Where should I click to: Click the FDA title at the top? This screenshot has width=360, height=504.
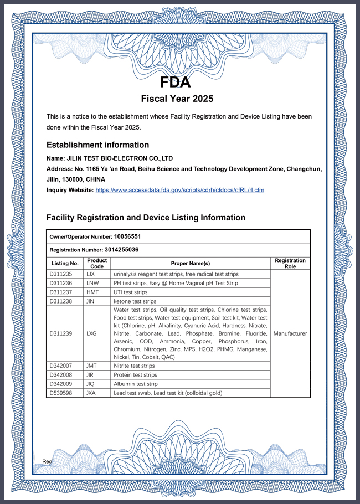(x=176, y=83)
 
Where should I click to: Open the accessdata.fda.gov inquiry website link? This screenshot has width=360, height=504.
(x=179, y=190)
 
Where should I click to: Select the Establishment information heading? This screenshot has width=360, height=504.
(x=97, y=145)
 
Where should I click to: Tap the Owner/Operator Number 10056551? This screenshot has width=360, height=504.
(x=131, y=236)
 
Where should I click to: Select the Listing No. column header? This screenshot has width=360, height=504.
(x=65, y=263)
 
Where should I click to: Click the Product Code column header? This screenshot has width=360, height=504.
(x=97, y=263)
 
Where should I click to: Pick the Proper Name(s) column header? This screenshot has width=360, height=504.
(x=190, y=263)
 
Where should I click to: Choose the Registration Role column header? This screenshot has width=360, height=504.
(x=290, y=263)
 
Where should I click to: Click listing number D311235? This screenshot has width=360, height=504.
(x=62, y=274)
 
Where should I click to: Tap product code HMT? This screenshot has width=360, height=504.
(x=92, y=292)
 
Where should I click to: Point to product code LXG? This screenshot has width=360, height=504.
(x=92, y=333)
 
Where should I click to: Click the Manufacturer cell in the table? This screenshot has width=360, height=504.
(x=290, y=333)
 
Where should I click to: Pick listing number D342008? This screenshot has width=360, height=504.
(x=62, y=375)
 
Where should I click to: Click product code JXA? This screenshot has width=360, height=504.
(x=92, y=393)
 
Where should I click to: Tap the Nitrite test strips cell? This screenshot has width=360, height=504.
(x=134, y=366)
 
